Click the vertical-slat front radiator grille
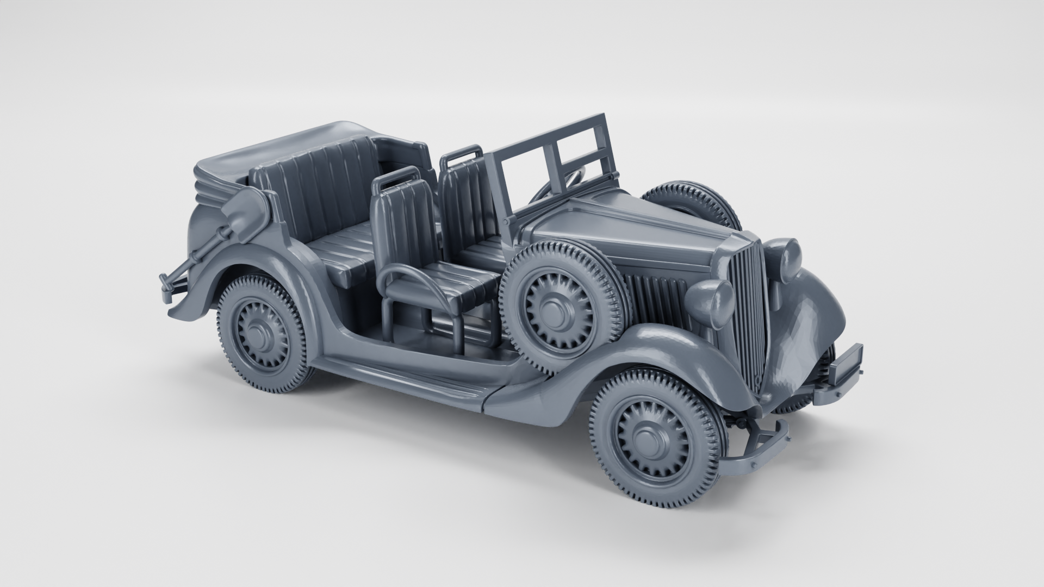pyautogui.click(x=748, y=310)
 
